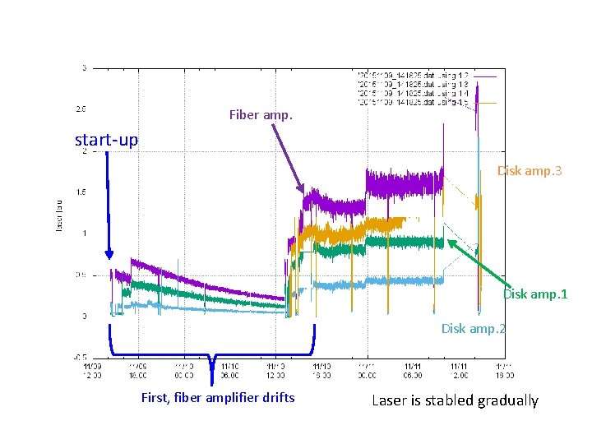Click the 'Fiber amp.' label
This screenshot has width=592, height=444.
click(x=260, y=115)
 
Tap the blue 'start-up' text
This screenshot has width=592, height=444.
click(x=106, y=140)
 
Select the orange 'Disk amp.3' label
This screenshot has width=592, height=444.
click(x=530, y=171)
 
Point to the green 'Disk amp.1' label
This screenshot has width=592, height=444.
click(x=535, y=294)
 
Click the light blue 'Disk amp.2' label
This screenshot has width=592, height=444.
click(x=474, y=328)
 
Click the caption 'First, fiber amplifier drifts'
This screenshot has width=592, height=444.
click(x=218, y=399)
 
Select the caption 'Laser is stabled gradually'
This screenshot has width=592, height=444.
click(x=455, y=400)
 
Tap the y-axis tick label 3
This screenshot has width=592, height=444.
click(x=83, y=67)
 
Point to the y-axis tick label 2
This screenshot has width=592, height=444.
click(x=83, y=150)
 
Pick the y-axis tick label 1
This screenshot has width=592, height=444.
click(x=83, y=234)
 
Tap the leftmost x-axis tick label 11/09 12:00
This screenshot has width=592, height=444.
click(x=92, y=370)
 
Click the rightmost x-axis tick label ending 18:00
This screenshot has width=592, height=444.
click(x=503, y=370)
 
